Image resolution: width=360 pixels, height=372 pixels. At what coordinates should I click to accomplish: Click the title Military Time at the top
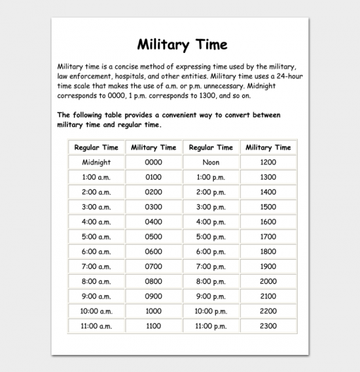point(183,44)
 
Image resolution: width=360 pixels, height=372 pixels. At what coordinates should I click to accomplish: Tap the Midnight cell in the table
point(96,162)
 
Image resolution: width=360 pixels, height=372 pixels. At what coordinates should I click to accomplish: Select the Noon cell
point(211,162)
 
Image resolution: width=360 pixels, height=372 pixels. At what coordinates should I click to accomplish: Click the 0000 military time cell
point(153,162)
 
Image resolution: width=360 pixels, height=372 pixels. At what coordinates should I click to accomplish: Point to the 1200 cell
point(268,162)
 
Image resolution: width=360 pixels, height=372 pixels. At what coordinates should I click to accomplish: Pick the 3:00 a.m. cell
point(96,207)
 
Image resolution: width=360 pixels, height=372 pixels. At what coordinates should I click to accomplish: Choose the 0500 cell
point(153,237)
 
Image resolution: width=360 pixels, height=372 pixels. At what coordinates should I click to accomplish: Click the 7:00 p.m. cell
point(211,267)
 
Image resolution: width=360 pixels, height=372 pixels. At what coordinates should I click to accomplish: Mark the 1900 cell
point(268,267)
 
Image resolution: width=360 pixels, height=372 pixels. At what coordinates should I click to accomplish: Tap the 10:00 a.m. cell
point(96,311)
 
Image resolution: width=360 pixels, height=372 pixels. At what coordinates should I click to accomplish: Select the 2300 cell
point(268,326)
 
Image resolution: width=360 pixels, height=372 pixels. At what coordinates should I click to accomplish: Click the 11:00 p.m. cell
point(211,326)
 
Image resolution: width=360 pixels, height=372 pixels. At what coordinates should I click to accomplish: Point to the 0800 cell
point(153,282)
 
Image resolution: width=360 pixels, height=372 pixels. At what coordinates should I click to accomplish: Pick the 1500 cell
point(268,207)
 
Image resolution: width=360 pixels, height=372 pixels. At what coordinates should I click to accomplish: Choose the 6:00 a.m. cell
point(96,252)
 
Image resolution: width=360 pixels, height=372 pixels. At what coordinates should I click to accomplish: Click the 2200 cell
point(268,311)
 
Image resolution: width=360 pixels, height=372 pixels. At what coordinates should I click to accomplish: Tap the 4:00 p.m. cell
point(211,222)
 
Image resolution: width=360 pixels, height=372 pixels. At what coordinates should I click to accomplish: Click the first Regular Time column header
point(96,147)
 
